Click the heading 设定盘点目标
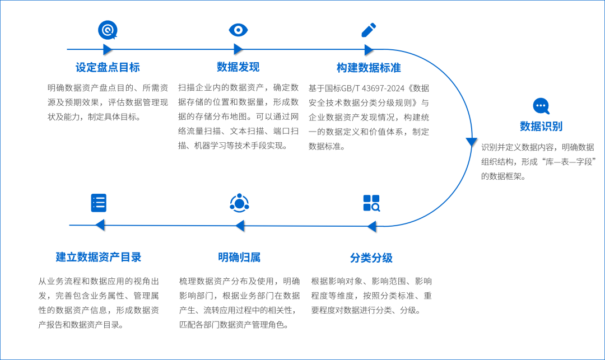[x=108, y=68]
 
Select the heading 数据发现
[x=238, y=67]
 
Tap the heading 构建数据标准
[x=369, y=68]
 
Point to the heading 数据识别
[x=541, y=126]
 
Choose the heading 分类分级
[x=371, y=258]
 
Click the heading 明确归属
[x=239, y=258]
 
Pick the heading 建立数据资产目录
[x=99, y=257]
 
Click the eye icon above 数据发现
[x=238, y=30]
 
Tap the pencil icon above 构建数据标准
[x=369, y=30]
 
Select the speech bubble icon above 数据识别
[x=541, y=105]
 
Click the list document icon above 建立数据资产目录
[x=99, y=203]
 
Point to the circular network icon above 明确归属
[x=239, y=203]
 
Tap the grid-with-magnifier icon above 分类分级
[x=371, y=203]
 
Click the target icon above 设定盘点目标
[x=107, y=30]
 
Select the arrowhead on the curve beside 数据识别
[x=471, y=142]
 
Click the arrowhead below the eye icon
[x=238, y=49]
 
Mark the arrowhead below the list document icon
[x=100, y=225]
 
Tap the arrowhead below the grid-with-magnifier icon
[x=371, y=226]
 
